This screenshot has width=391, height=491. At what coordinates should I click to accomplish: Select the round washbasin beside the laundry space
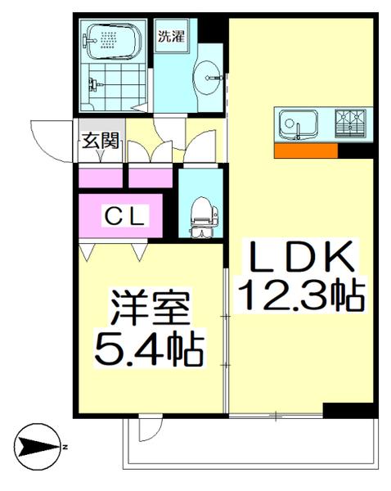[x=209, y=79]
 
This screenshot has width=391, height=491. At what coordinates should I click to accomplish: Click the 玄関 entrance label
[x=100, y=142]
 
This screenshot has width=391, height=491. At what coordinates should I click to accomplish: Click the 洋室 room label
[x=151, y=311]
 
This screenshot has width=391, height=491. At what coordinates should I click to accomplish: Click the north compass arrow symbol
[x=37, y=447]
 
